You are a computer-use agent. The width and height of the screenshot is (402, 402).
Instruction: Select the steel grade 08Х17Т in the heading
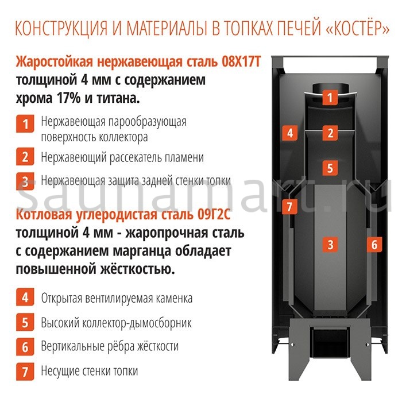(x=235, y=62)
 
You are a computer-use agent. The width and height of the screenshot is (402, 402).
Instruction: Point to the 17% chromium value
(x=72, y=98)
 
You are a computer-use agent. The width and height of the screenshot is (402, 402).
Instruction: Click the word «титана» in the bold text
(x=118, y=98)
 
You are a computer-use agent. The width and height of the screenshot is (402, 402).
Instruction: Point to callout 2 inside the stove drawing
(x=329, y=133)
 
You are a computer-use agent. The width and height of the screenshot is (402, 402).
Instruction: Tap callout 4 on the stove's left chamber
(x=289, y=133)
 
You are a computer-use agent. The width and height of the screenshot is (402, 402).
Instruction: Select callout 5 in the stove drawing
(x=329, y=168)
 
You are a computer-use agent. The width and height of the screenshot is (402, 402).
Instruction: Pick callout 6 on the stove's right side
(x=374, y=244)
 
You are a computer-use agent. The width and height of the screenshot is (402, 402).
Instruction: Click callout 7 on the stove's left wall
(x=289, y=205)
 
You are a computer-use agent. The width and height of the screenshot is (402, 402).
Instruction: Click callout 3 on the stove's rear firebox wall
(x=329, y=244)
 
